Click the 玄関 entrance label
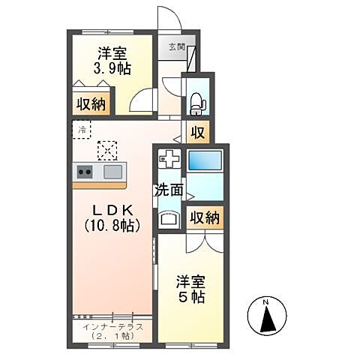176,48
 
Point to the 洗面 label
169,190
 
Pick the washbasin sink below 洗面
169,220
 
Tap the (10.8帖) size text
113,224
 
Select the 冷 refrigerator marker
81,128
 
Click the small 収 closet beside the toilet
197,133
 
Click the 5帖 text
191,297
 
